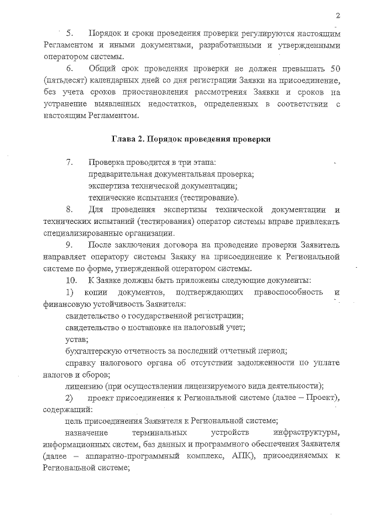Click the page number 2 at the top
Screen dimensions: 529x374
[338, 15]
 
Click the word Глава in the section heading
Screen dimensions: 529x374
[122, 139]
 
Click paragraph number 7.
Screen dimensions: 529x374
[70, 162]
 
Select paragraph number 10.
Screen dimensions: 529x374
[71, 280]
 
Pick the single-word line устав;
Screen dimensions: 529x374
[77, 339]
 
